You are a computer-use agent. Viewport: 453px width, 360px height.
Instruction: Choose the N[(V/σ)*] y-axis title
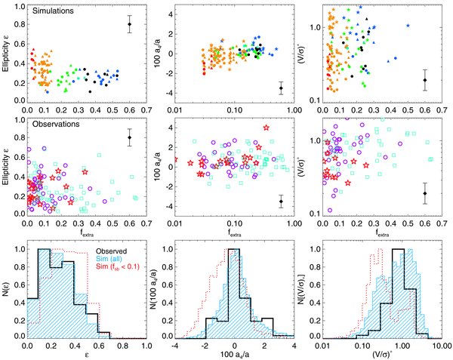point(310,292)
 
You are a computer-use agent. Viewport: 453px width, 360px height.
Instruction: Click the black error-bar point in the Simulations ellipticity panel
point(129,24)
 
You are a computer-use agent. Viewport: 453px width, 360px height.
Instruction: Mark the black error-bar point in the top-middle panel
point(281,88)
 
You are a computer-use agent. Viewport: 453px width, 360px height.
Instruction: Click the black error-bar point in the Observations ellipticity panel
point(129,137)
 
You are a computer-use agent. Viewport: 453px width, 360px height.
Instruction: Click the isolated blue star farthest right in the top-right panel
point(408,26)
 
